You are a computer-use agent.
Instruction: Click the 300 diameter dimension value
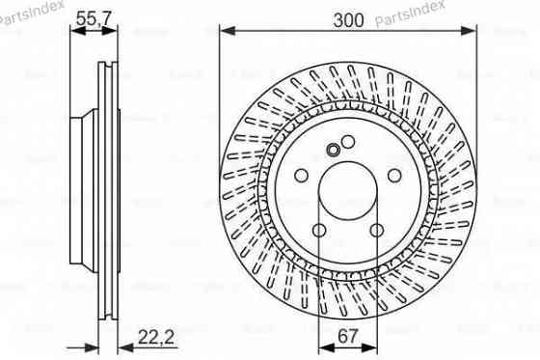click(x=347, y=18)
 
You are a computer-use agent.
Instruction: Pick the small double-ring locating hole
click(x=334, y=149)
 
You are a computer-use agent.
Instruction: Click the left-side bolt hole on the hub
click(x=301, y=176)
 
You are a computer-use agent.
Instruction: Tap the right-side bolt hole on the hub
click(x=395, y=176)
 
